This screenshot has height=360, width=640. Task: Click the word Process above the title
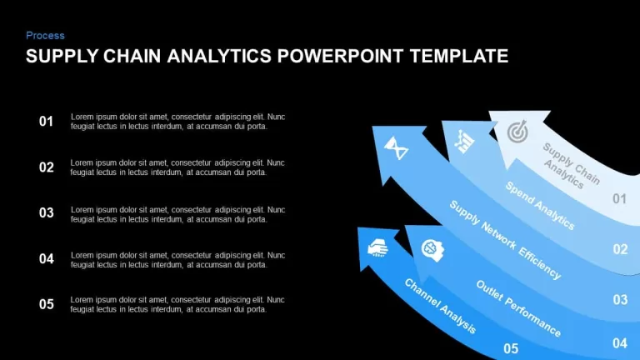pyautogui.click(x=45, y=36)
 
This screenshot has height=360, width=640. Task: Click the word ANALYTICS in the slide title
pyautogui.click(x=219, y=57)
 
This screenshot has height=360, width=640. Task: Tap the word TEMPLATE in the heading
pyautogui.click(x=459, y=57)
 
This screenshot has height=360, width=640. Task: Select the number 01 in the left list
pyautogui.click(x=46, y=121)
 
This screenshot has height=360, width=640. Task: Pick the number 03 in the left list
pyautogui.click(x=47, y=212)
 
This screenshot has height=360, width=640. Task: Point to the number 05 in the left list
pyautogui.click(x=47, y=304)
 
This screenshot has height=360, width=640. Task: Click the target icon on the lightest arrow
pyautogui.click(x=517, y=132)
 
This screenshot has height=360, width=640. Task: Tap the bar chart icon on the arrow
pyautogui.click(x=464, y=142)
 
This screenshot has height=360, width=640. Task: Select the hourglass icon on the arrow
pyautogui.click(x=396, y=148)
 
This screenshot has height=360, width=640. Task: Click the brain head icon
pyautogui.click(x=432, y=250)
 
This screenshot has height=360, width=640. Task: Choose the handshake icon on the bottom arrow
pyautogui.click(x=377, y=247)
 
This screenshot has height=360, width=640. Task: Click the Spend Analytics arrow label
pyautogui.click(x=540, y=205)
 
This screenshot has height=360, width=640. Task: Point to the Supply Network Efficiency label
pyautogui.click(x=505, y=240)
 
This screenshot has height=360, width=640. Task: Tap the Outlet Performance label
pyautogui.click(x=518, y=308)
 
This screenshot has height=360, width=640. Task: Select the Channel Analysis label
pyautogui.click(x=440, y=306)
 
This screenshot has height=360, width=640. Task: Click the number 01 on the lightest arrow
pyautogui.click(x=619, y=199)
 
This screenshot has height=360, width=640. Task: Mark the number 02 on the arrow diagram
pyautogui.click(x=620, y=249)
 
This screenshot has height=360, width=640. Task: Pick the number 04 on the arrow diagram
pyautogui.click(x=620, y=343)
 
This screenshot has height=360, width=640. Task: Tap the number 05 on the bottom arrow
pyautogui.click(x=511, y=348)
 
